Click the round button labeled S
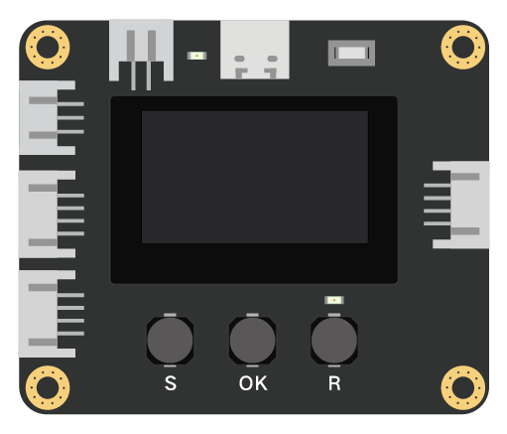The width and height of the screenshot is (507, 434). point(170,341)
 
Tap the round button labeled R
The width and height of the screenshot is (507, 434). point(334,341)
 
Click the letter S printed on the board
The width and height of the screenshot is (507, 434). point(171,383)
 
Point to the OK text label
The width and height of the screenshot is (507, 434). point(253,383)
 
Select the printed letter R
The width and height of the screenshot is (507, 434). point(334,383)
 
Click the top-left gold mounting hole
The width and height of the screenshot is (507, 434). point(48,47)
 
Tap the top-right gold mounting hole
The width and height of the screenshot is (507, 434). point(463,47)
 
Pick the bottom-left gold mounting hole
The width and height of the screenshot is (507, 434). point(48,387)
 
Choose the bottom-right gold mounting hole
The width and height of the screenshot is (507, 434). point(463,387)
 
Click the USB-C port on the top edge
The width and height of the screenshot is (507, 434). point(255,50)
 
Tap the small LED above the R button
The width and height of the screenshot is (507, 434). point(334,300)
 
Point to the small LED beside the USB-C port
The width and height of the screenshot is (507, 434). point(196,56)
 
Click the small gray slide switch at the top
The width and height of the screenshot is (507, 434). point(351,53)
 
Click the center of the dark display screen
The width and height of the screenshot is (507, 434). point(255,177)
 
